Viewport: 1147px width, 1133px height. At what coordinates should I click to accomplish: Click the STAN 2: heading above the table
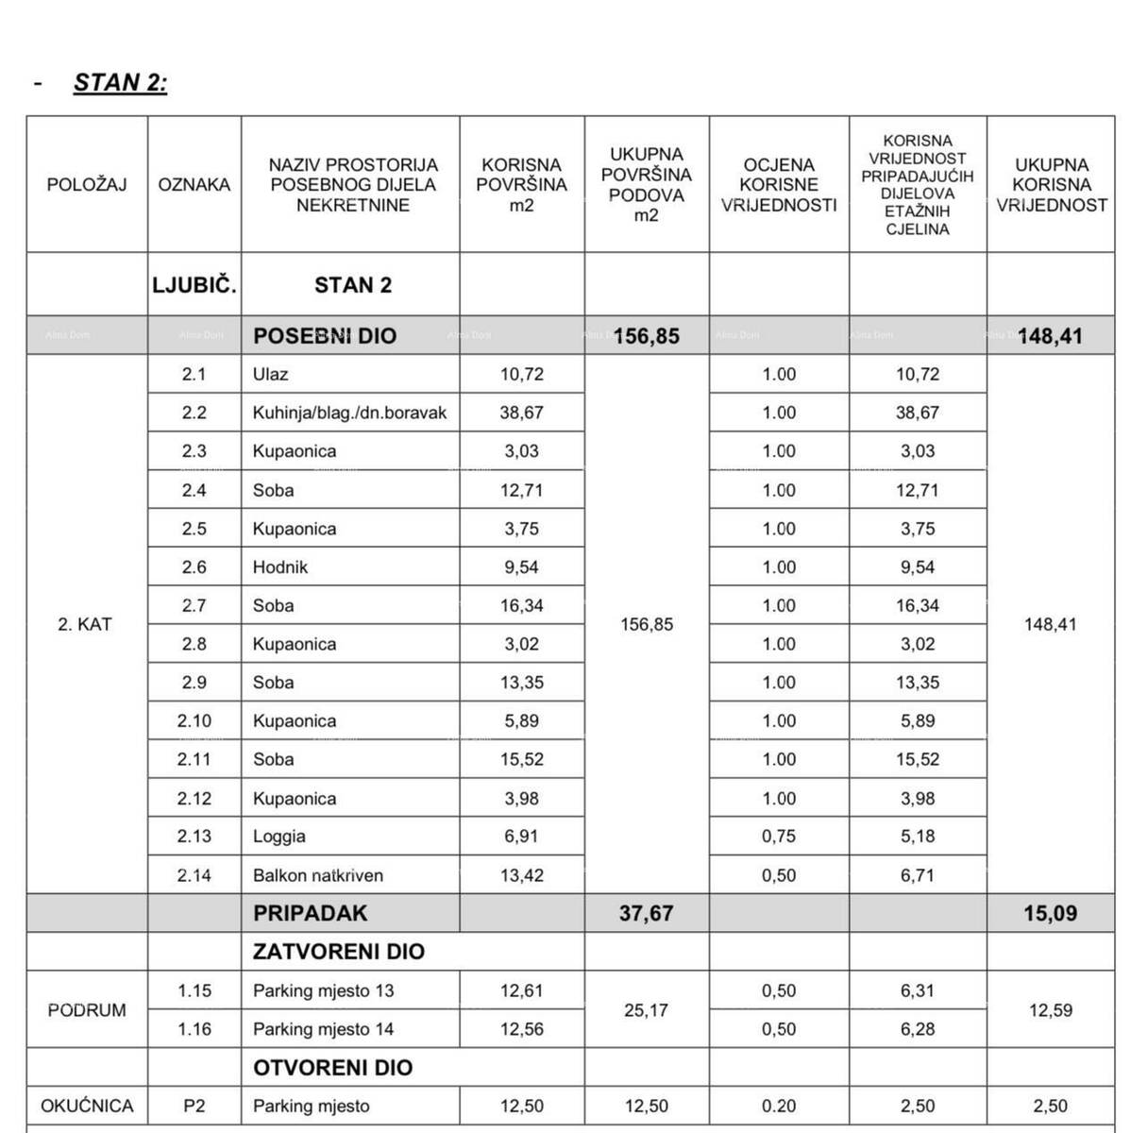tap(120, 83)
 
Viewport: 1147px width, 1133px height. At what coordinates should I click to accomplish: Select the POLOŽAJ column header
tap(87, 185)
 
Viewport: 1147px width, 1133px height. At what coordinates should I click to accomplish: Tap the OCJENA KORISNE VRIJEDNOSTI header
tap(779, 185)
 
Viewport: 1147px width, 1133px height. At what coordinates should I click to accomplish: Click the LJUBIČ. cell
tap(194, 285)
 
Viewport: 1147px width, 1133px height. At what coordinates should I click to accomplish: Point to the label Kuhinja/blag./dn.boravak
tap(349, 413)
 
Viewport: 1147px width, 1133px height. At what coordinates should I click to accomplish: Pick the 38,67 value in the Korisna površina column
tap(522, 413)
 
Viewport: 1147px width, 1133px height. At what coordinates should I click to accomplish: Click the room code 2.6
tap(194, 567)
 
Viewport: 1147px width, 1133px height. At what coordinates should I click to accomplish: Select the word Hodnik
tap(280, 567)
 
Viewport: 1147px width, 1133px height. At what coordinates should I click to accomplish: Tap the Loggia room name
tap(279, 837)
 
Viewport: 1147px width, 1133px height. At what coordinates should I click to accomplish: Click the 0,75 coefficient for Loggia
tap(779, 837)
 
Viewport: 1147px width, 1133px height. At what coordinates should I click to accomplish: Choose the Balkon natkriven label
tap(318, 875)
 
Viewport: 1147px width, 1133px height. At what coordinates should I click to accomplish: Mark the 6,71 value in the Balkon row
tap(918, 875)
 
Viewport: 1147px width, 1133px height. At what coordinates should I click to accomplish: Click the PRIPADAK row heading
tap(311, 913)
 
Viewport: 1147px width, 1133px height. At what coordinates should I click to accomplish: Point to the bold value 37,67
tap(647, 913)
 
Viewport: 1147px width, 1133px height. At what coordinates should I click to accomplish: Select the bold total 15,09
tap(1051, 913)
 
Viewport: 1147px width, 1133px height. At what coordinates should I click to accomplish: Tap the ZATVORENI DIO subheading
tap(339, 952)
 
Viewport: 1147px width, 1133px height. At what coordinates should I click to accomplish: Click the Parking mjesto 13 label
tap(324, 991)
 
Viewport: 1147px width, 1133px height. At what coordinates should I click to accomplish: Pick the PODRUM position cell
tap(87, 1010)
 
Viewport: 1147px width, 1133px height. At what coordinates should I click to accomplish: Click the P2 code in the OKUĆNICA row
tap(194, 1106)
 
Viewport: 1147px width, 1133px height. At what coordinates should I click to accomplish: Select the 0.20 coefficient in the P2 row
tap(779, 1106)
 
